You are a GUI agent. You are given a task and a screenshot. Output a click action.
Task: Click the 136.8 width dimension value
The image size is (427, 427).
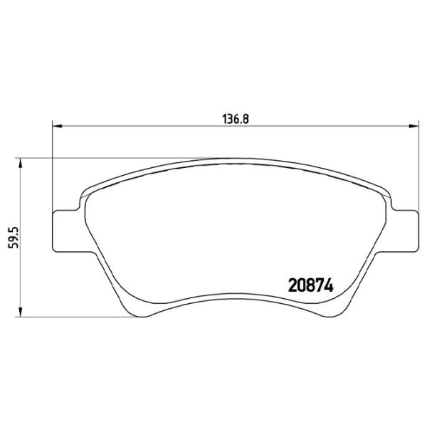(x=234, y=120)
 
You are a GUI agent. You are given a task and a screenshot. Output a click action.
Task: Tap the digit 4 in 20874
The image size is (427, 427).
(x=328, y=285)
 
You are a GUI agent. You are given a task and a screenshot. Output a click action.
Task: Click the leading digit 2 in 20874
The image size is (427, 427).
(x=292, y=285)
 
